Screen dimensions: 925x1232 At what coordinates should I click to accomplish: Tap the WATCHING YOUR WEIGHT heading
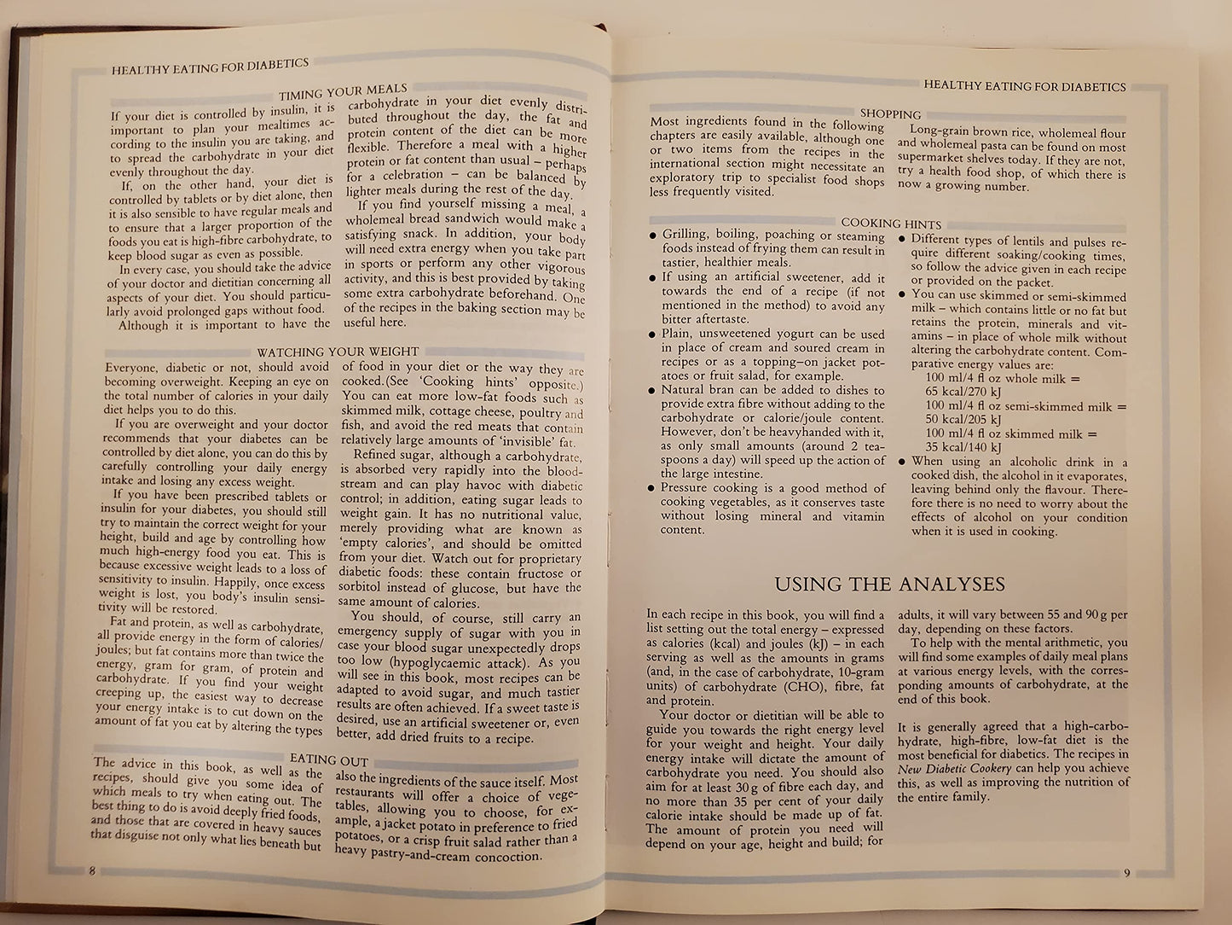pos(338,352)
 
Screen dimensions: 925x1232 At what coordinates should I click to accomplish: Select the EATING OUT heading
pos(329,760)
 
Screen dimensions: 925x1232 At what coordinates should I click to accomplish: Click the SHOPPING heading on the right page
pos(890,113)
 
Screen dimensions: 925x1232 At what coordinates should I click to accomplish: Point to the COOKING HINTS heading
pos(891,224)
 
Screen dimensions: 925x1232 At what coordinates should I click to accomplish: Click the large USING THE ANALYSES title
pos(889,585)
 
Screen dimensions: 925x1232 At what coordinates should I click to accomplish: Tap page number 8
pos(91,870)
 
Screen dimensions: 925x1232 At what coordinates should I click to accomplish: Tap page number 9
pos(1126,873)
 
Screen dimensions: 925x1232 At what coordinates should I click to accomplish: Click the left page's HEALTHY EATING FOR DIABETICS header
pos(210,67)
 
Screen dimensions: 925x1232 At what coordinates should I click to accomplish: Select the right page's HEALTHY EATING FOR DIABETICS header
pos(1024,85)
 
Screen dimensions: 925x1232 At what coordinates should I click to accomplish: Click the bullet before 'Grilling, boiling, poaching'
pos(652,236)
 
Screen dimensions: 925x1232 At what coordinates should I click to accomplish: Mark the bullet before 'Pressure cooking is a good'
pos(652,489)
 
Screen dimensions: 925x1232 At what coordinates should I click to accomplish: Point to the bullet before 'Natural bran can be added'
pos(652,391)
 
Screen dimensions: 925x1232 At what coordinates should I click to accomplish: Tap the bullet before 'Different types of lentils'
pos(902,241)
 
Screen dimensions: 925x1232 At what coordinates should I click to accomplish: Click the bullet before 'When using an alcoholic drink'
pos(902,462)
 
